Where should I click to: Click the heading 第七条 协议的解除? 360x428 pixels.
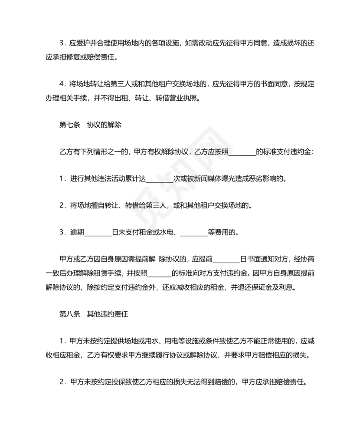[90, 125]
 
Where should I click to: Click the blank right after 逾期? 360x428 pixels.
[98, 233]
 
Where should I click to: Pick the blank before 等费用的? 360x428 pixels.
[193, 233]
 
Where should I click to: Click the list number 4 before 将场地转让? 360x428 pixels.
[62, 84]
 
